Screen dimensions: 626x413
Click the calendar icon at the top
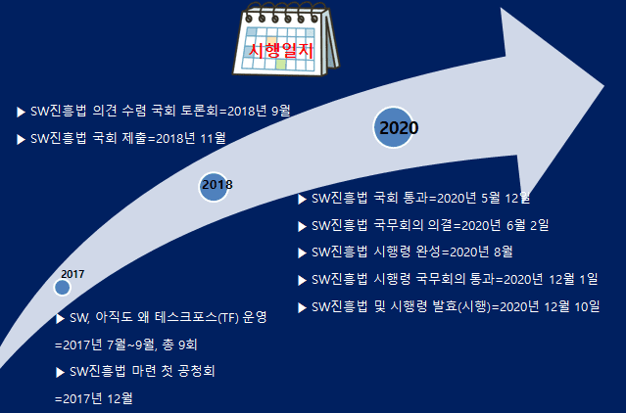[286, 39]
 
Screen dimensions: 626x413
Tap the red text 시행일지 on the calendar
[281, 51]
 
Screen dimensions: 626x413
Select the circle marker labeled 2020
[393, 127]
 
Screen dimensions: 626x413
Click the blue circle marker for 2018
[214, 187]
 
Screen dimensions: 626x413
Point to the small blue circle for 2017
[63, 288]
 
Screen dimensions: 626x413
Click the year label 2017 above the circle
[72, 274]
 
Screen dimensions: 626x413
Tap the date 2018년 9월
[259, 111]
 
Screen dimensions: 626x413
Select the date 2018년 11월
[191, 138]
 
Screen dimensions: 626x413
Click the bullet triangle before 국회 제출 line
[21, 139]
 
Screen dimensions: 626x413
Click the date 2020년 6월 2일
[506, 226]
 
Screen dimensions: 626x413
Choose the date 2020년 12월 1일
[551, 280]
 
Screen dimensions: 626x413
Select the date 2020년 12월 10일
[550, 307]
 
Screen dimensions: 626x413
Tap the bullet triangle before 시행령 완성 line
[302, 252]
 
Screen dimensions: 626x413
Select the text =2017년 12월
[94, 398]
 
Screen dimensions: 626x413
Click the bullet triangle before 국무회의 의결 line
[302, 226]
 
